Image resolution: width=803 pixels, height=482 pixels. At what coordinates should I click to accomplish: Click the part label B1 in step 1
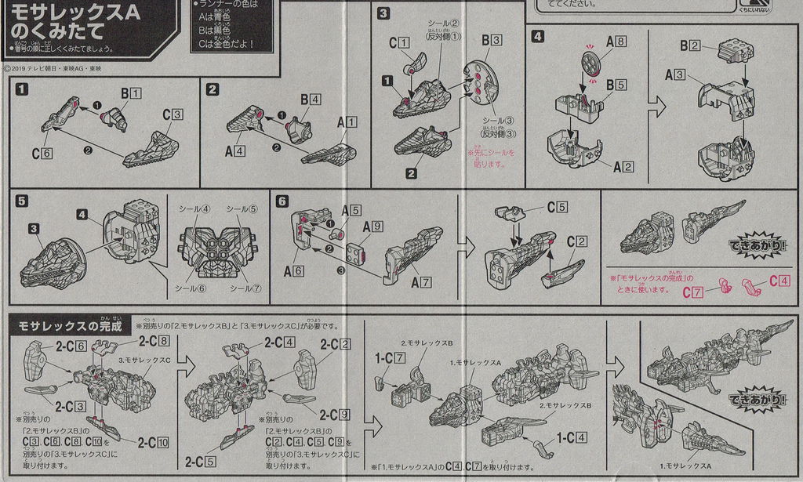[129, 93]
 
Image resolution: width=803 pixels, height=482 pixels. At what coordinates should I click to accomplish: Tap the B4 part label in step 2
[310, 100]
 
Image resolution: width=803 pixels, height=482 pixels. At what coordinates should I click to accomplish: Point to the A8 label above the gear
[616, 42]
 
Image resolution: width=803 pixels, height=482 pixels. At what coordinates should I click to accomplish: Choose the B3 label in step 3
[492, 38]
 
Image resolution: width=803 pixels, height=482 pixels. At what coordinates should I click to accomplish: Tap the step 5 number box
[22, 201]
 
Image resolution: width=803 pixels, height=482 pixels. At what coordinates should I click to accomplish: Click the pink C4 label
[779, 280]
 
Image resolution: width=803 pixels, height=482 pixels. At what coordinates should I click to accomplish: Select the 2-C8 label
[154, 340]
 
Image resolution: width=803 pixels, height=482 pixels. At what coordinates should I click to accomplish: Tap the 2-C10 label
[154, 443]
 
